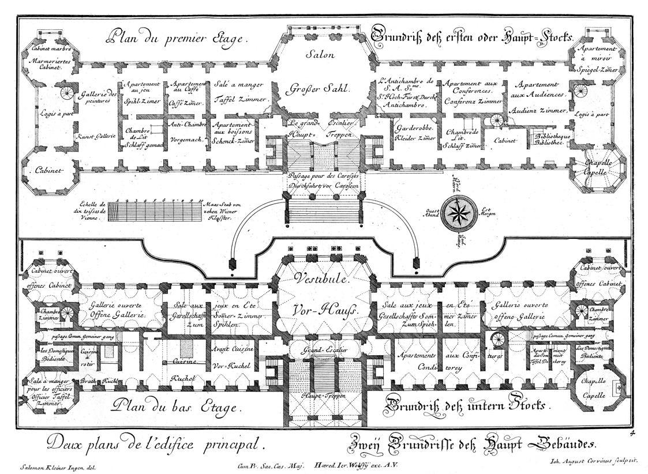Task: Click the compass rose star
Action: point(460,213)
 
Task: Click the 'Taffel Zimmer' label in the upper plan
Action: point(241,99)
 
